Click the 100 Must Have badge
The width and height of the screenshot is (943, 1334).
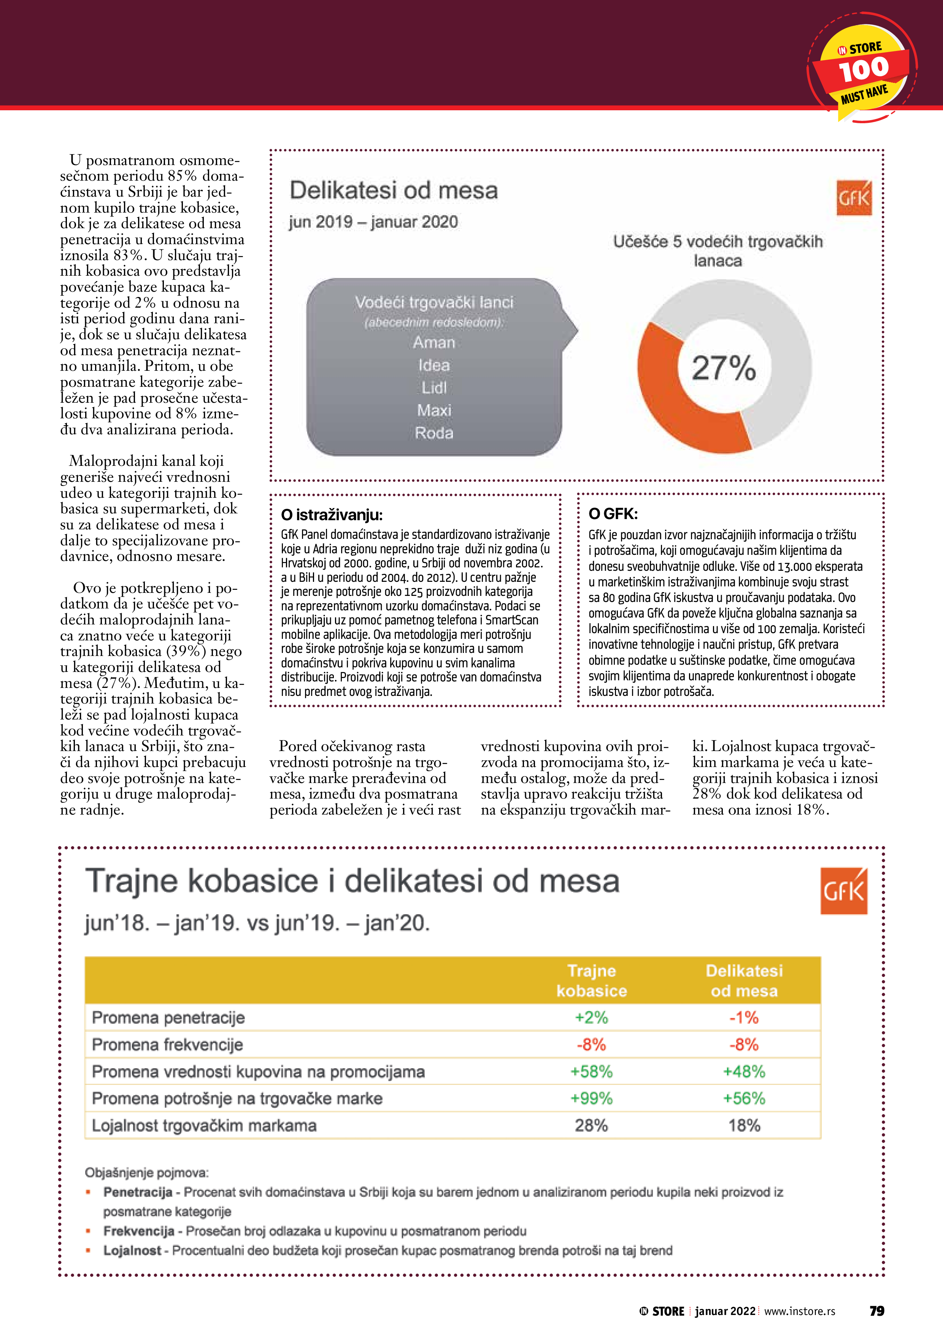coord(862,68)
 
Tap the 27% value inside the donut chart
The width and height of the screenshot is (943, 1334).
coord(723,368)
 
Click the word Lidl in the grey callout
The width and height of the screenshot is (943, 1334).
coord(434,387)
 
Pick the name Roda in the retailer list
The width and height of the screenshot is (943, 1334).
coord(434,433)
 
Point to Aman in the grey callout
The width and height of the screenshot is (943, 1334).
coord(434,342)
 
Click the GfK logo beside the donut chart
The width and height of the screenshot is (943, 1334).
coord(854,197)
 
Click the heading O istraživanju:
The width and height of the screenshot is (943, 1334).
coord(332,515)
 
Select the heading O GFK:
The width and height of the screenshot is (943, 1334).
coord(613,514)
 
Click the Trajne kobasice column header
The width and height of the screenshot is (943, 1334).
coord(592,981)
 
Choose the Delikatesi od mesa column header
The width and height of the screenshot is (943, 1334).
coord(744,981)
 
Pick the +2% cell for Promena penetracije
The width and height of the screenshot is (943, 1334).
coord(592,1017)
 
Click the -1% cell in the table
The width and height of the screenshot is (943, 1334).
coord(744,1017)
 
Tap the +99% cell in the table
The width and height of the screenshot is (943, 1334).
coord(592,1098)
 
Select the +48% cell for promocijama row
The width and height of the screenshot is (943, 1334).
coord(744,1071)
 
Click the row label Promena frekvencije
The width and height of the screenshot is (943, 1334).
coord(167,1045)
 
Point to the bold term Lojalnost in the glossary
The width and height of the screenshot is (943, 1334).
coord(132,1250)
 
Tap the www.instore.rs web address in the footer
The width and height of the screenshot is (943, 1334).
coord(800,1311)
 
